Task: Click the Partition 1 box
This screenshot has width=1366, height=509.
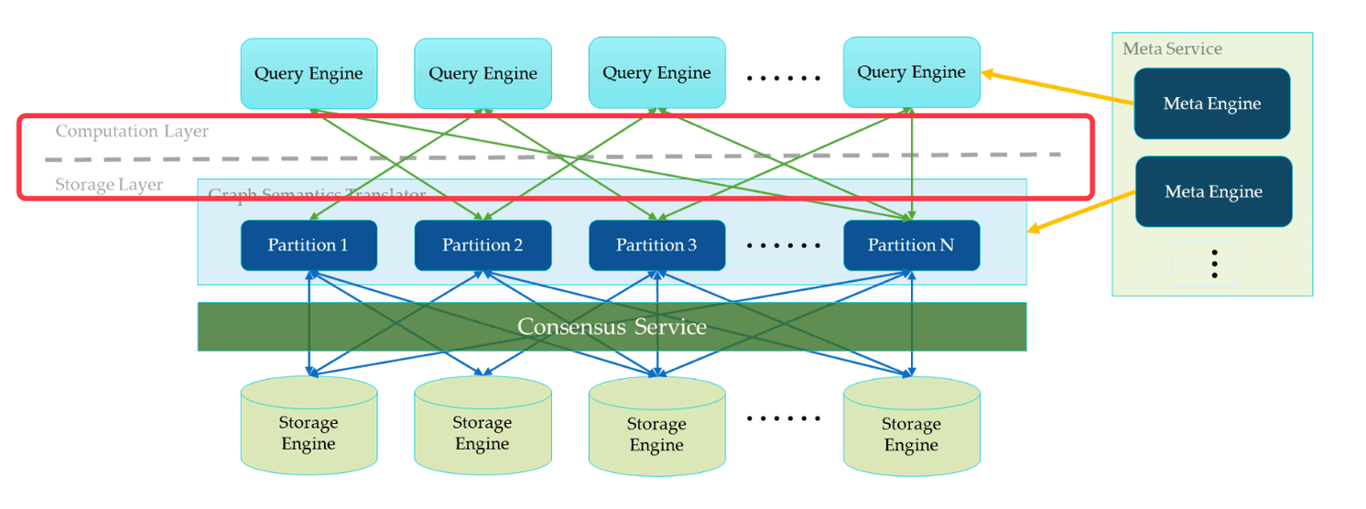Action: (309, 245)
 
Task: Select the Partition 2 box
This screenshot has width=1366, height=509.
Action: (482, 245)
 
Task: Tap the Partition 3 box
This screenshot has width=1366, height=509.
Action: (656, 245)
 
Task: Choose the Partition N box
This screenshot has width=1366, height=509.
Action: (911, 245)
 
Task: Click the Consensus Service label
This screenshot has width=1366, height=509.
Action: (612, 327)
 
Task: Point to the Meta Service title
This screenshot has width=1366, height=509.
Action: (1172, 49)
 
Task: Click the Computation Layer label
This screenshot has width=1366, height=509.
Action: (132, 131)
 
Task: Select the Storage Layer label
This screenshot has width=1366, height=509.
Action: (109, 185)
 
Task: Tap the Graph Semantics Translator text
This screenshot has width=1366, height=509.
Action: (317, 194)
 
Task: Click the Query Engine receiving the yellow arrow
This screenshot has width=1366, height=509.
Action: (911, 72)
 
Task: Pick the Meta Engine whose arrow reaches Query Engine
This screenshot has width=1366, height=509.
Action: (1211, 103)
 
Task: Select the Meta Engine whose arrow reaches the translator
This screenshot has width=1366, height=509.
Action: (1213, 191)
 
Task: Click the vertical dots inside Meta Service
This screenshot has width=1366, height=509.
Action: (1214, 264)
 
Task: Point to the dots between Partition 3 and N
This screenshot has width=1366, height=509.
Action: (784, 246)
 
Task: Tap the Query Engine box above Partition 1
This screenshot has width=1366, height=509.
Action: (309, 73)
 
